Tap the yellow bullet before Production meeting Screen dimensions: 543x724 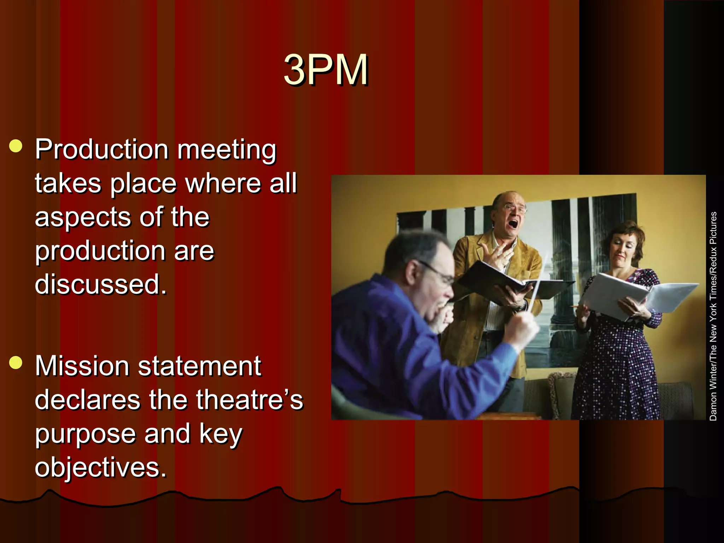coord(16,146)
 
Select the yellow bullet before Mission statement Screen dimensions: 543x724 coord(16,363)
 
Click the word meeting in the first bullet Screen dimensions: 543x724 coord(227,150)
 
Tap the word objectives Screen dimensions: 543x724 coord(100,467)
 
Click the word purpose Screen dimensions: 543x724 coord(85,434)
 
